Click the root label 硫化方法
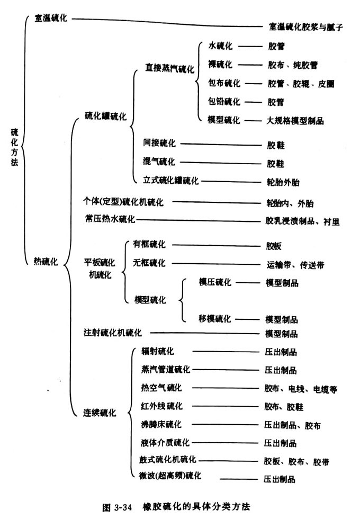14,147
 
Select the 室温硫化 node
51,18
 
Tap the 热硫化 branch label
46,262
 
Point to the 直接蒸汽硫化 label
169,68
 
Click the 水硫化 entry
220,46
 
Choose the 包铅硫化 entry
224,101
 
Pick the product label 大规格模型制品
295,121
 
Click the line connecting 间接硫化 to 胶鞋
221,145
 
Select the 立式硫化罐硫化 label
170,180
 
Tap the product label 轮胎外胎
283,182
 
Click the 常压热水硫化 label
110,219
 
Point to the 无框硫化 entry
149,263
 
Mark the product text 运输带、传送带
295,265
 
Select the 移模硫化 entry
215,318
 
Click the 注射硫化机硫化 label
112,333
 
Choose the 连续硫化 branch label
100,413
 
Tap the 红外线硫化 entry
161,406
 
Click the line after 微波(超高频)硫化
239,479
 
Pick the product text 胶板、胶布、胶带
296,461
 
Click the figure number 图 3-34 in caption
117,507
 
